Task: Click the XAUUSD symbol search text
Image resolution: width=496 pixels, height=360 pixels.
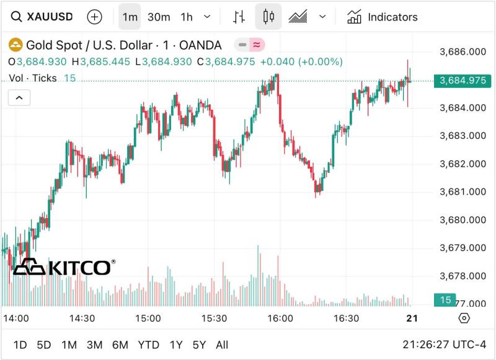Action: pos(50,17)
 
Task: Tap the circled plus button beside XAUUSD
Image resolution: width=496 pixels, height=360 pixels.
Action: pos(95,17)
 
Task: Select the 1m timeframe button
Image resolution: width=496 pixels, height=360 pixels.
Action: pos(130,17)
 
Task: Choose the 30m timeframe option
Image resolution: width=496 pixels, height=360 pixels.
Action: pos(159,17)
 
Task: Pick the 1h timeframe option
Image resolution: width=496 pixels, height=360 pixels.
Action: pos(187,17)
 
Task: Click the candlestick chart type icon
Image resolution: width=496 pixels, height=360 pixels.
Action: pos(268,17)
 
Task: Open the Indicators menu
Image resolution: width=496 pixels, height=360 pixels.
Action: pos(383,17)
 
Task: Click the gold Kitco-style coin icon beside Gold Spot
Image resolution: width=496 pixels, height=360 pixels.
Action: pos(15,45)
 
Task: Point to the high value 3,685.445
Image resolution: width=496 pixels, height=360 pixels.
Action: pos(105,61)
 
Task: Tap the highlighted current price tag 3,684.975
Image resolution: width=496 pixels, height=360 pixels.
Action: pos(463,81)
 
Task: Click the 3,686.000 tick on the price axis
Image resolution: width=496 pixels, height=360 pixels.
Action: pos(463,51)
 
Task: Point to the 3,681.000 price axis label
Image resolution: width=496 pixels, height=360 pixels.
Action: pos(463,192)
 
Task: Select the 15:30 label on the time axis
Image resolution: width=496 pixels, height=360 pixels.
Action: pos(214,318)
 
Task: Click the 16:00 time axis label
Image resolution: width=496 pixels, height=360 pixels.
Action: pos(280,318)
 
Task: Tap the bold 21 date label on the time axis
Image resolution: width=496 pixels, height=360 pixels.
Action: pos(412,318)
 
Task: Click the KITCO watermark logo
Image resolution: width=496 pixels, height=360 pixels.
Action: pos(64,267)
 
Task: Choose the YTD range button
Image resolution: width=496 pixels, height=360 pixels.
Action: pos(148,345)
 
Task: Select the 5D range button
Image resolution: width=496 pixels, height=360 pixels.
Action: pos(44,345)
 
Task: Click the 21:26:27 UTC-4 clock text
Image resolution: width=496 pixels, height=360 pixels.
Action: pos(444,345)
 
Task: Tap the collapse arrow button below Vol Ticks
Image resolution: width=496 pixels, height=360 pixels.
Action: pos(19,98)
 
